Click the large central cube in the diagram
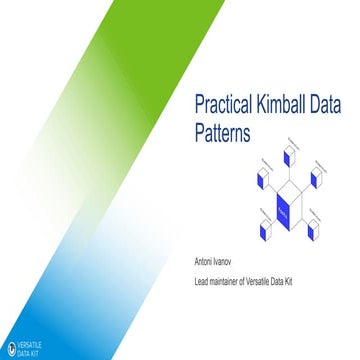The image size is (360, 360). click(285, 209)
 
